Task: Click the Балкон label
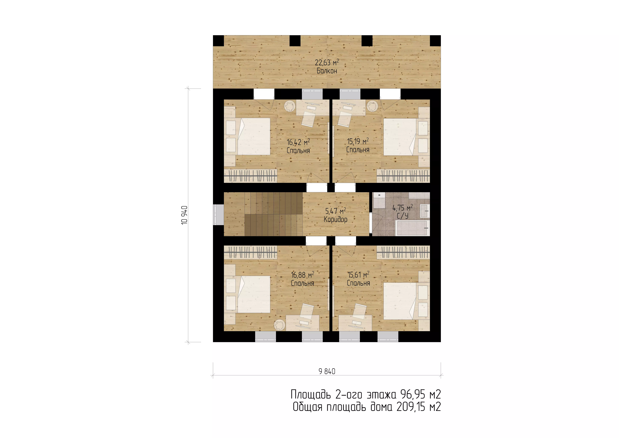click(x=327, y=71)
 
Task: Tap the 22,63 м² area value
click(x=327, y=63)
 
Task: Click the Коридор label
click(x=336, y=219)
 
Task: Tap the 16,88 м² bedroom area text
click(x=303, y=275)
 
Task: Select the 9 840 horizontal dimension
click(x=327, y=372)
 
